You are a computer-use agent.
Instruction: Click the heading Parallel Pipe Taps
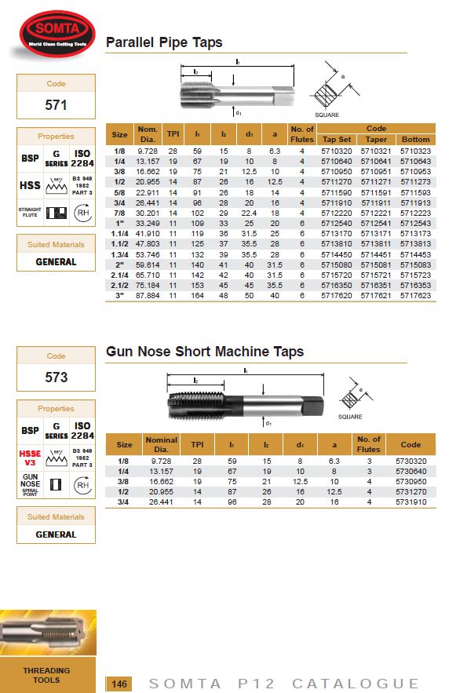point(164,42)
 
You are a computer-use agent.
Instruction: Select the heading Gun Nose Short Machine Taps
point(205,352)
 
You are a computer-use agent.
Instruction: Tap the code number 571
point(56,104)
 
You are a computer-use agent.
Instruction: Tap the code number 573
point(56,377)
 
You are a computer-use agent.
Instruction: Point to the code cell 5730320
point(410,461)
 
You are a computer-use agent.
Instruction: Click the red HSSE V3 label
point(29,458)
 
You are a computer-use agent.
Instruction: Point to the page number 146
point(119,683)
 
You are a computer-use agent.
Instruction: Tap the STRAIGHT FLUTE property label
point(30,213)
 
